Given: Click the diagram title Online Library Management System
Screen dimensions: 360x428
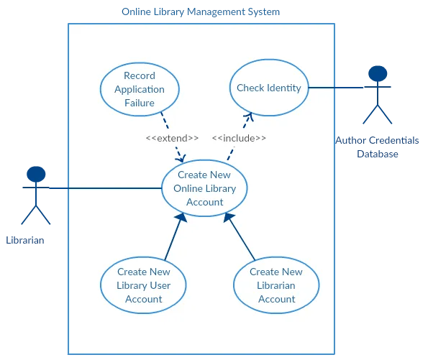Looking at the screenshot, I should (201, 12).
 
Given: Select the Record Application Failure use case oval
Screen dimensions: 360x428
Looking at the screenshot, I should (139, 89).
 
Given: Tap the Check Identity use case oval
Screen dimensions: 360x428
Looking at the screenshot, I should (268, 88).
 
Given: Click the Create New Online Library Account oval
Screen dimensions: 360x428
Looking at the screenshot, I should (204, 188).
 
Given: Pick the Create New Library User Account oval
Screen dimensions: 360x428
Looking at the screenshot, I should (143, 285).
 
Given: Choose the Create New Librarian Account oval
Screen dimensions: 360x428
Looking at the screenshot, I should (276, 285).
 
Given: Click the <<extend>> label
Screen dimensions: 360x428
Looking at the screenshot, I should (172, 138).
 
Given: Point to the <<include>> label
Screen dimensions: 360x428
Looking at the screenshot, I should (239, 138).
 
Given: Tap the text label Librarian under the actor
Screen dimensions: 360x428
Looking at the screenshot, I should (25, 240).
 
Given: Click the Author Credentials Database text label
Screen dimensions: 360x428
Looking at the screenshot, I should (376, 147).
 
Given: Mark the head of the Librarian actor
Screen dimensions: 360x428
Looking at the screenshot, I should (36, 174).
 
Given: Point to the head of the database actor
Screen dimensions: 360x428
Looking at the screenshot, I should (376, 73).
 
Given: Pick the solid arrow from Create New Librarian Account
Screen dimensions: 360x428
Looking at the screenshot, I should (240, 236).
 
